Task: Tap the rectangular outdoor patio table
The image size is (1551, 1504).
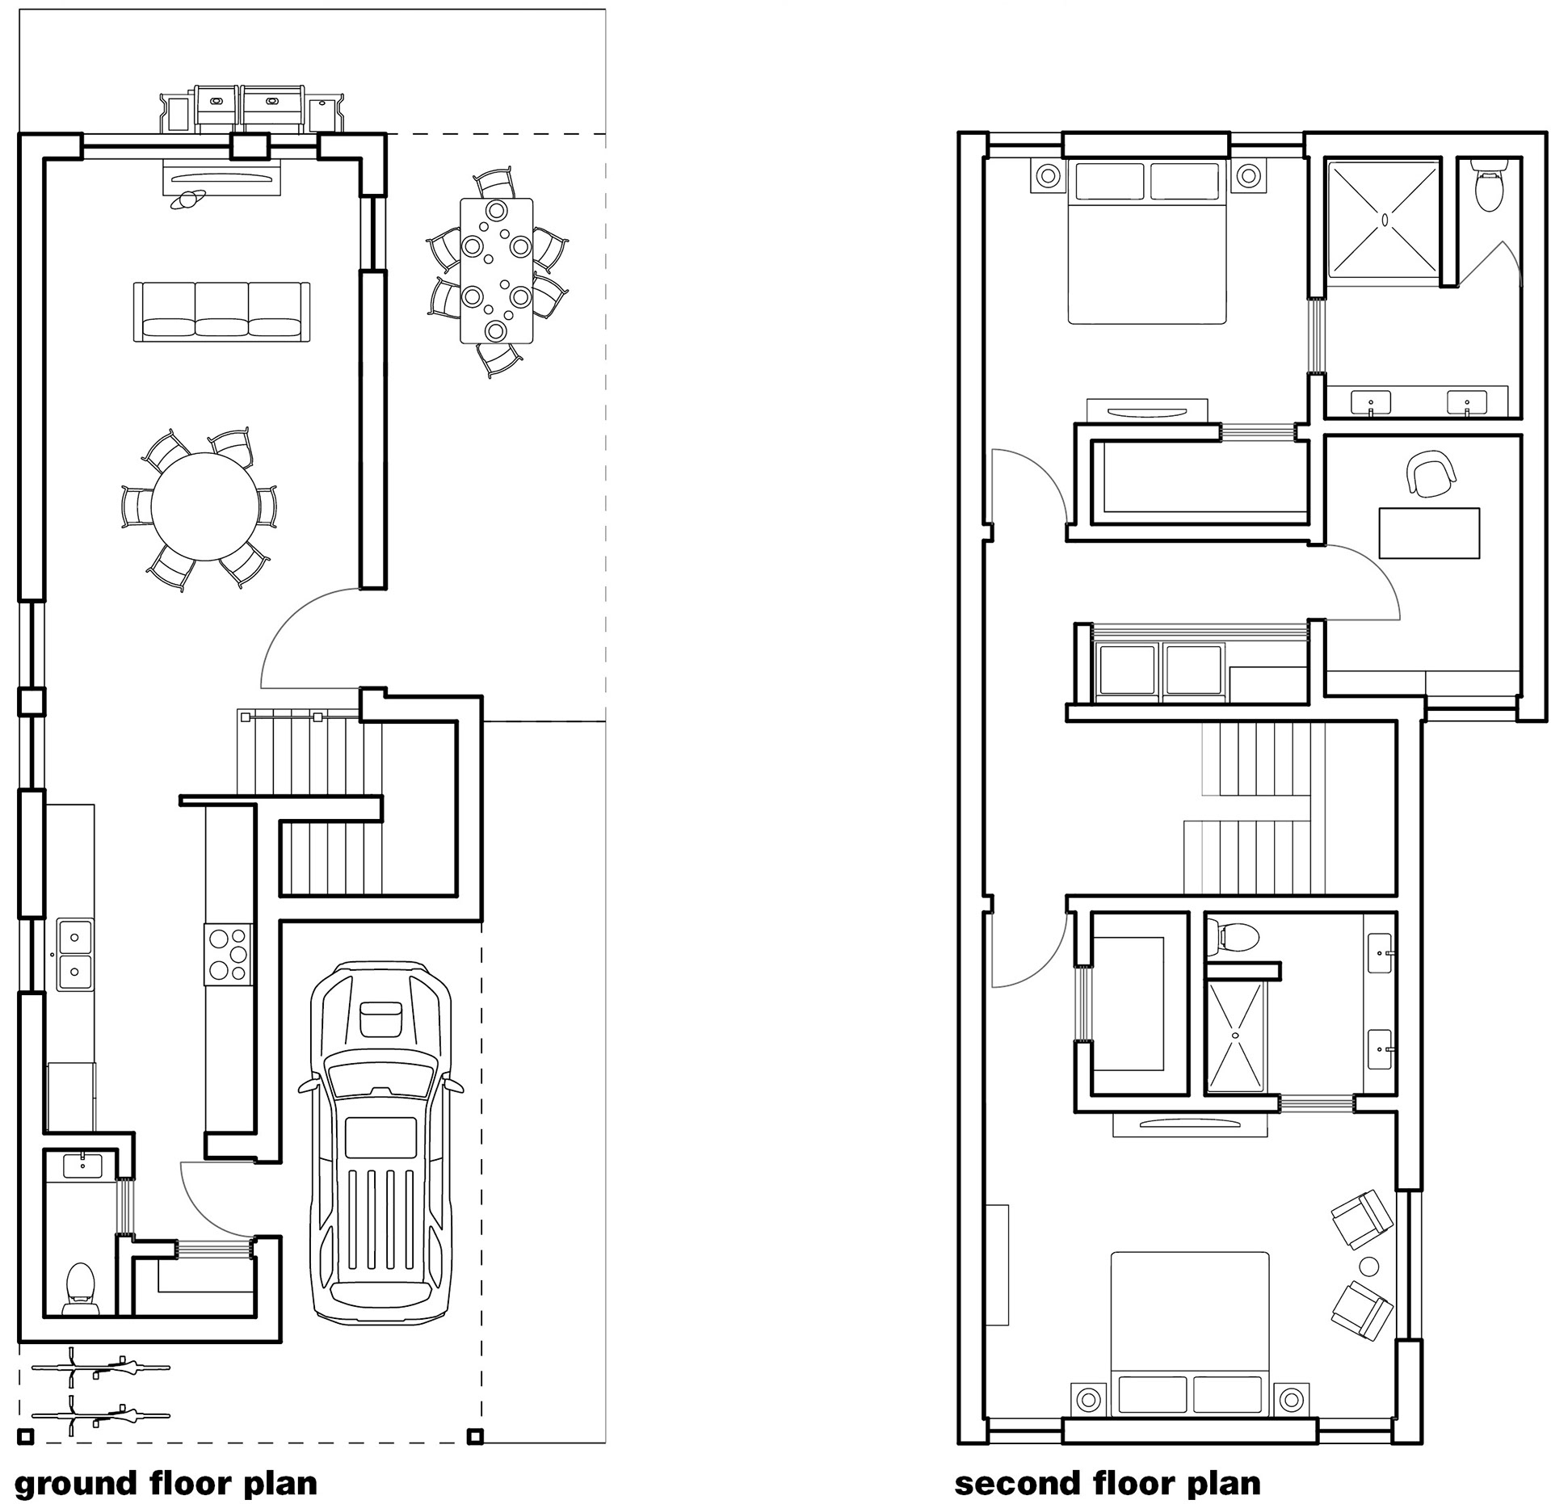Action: coord(496,271)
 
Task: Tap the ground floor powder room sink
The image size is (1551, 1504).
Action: coord(82,1166)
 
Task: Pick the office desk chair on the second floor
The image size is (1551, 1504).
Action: coord(1431,474)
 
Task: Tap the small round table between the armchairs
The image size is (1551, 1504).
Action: coord(1368,1267)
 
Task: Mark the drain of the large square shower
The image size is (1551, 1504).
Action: coord(1384,219)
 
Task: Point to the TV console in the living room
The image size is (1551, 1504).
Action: coord(222,177)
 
